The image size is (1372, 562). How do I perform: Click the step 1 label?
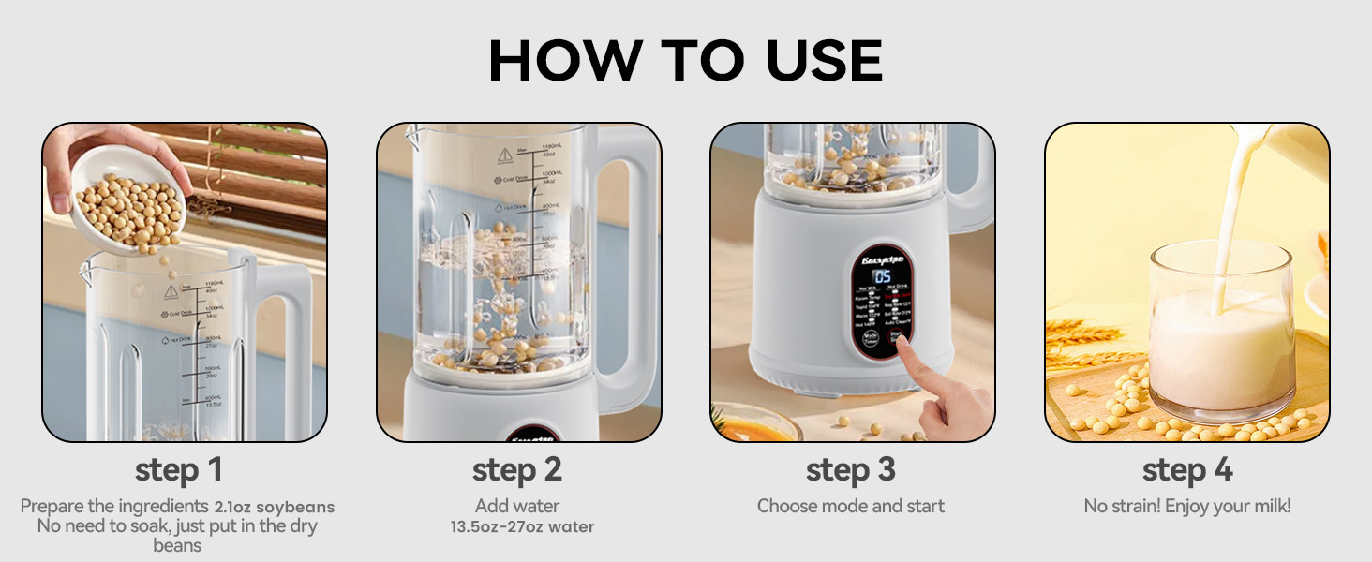pyautogui.click(x=178, y=469)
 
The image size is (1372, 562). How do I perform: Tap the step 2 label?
pyautogui.click(x=517, y=469)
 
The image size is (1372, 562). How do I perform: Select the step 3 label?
pyautogui.click(x=851, y=469)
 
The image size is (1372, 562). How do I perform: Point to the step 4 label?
pyautogui.click(x=1186, y=469)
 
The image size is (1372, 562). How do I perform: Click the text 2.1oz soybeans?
pyautogui.click(x=274, y=507)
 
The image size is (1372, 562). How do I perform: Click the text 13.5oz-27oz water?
pyautogui.click(x=522, y=526)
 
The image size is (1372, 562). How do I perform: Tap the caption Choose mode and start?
pyautogui.click(x=851, y=506)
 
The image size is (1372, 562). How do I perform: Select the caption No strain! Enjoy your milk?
pyautogui.click(x=1186, y=506)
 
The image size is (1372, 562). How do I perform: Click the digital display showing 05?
pyautogui.click(x=882, y=276)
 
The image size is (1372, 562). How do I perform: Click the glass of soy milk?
pyautogui.click(x=1220, y=337)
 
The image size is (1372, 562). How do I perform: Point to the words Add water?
pyautogui.click(x=517, y=506)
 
